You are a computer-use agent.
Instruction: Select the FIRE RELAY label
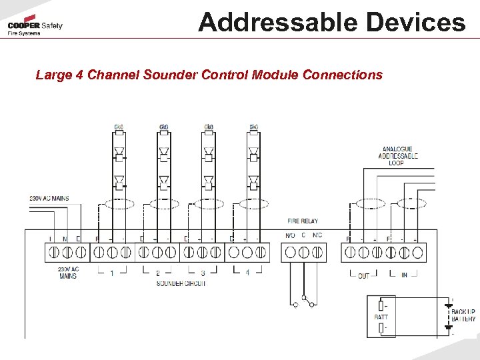[303, 221]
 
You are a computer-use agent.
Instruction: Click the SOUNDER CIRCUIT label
[181, 283]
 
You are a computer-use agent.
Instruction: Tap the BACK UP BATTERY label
[463, 315]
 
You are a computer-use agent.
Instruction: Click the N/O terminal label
[291, 235]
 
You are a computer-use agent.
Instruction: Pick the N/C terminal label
[317, 235]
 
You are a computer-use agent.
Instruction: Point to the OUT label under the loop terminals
[363, 275]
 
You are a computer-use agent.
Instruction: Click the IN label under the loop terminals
[404, 275]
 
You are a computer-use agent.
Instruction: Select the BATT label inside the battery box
[380, 317]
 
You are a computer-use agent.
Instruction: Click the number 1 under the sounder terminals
[112, 273]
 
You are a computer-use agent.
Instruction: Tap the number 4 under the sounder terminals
[247, 273]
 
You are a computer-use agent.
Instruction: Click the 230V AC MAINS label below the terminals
[68, 273]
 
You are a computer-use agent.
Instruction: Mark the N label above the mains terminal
[65, 238]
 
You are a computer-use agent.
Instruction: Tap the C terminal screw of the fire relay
[304, 253]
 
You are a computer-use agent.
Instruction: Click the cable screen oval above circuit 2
[165, 203]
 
